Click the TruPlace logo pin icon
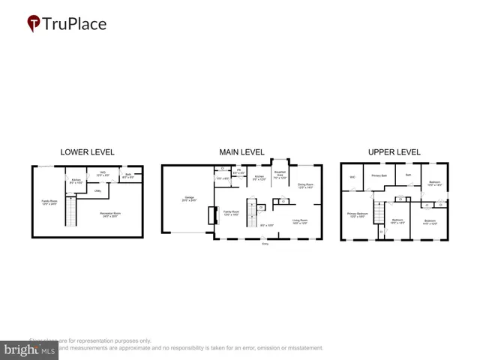point(34,24)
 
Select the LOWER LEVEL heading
point(87,152)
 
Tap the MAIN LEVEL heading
point(241,152)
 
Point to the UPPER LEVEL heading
point(394,152)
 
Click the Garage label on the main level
point(187,199)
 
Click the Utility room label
point(97,191)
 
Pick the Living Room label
point(300,221)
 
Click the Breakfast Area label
point(280,178)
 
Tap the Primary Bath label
point(379,175)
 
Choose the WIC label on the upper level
point(352,177)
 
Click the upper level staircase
point(379,213)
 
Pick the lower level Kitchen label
point(76,181)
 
